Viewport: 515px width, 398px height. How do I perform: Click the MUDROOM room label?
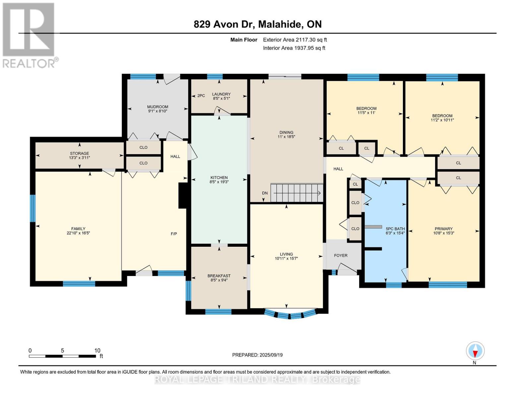point(158,107)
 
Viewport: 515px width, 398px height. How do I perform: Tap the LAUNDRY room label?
point(221,94)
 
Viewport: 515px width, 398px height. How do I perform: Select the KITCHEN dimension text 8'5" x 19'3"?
point(219,182)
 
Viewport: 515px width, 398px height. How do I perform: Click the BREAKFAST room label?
point(219,276)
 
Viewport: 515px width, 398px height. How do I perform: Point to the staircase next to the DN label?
point(296,193)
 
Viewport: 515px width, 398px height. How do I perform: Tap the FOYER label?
point(341,255)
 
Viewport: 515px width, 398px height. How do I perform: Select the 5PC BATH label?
point(395,229)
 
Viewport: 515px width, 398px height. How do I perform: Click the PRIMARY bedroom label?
point(443,229)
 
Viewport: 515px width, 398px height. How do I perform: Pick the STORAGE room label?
point(79,153)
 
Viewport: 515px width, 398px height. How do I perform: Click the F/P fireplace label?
point(174,234)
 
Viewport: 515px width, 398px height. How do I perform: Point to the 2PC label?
point(201,96)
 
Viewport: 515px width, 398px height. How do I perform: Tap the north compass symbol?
point(475,351)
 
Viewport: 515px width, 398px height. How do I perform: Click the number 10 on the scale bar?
point(97,351)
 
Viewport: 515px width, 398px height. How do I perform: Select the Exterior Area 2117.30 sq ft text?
point(295,40)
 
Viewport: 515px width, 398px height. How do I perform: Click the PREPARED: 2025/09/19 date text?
point(257,355)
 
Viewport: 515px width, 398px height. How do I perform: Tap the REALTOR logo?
point(29,35)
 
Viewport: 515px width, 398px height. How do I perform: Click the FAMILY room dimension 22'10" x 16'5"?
point(78,233)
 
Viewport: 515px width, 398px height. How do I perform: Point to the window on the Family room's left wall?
point(32,208)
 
